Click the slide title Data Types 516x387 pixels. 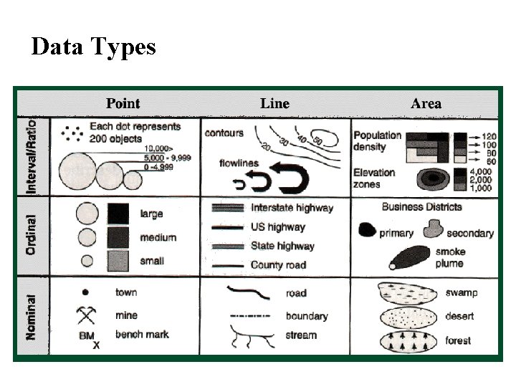pyautogui.click(x=93, y=47)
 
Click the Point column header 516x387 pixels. pyautogui.click(x=123, y=104)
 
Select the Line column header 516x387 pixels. pyautogui.click(x=274, y=104)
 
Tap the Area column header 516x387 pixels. pyautogui.click(x=426, y=104)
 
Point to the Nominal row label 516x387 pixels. pyautogui.click(x=31, y=317)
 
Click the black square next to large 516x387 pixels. pyautogui.click(x=118, y=214)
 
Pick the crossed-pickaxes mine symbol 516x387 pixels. pyautogui.click(x=87, y=314)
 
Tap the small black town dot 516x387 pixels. pyautogui.click(x=85, y=292)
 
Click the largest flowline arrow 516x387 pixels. pyautogui.click(x=292, y=180)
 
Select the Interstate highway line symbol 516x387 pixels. pyautogui.click(x=227, y=208)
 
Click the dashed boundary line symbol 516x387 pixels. pyautogui.click(x=247, y=315)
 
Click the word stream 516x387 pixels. pyautogui.click(x=301, y=335)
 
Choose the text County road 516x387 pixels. pyautogui.click(x=278, y=265)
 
